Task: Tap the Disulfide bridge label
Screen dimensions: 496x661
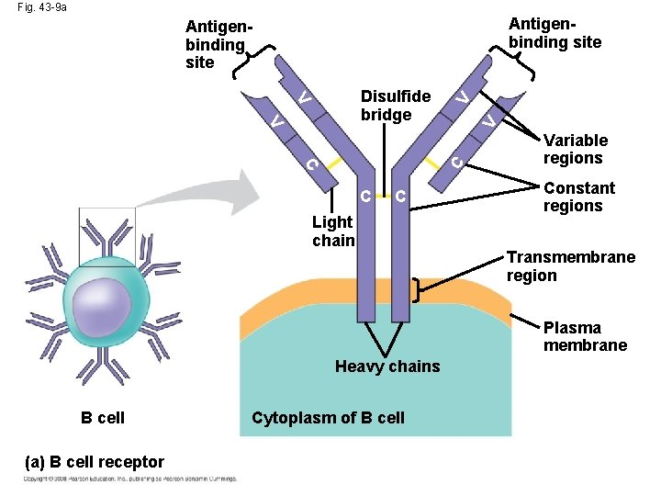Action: (395, 106)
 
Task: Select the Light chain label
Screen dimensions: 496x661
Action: (332, 231)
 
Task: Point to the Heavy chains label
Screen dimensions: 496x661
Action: (387, 366)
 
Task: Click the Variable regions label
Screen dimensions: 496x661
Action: (576, 149)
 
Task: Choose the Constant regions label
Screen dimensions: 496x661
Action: (578, 197)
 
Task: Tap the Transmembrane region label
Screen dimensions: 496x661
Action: (570, 266)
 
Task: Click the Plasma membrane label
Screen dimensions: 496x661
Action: (585, 336)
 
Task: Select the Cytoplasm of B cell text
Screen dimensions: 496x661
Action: (328, 418)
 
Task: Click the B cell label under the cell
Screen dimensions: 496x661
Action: (102, 418)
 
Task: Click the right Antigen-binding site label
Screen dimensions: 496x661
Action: (555, 32)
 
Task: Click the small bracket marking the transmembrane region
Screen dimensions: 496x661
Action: (419, 291)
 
